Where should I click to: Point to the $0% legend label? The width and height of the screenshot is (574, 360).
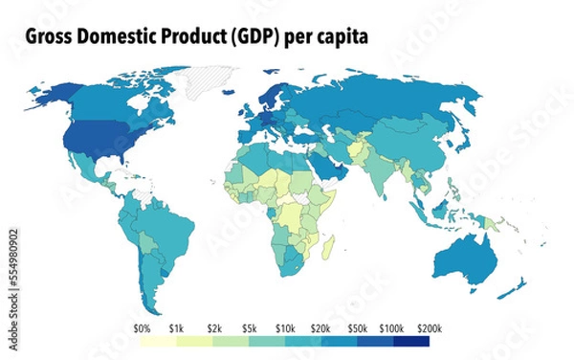coord(143,327)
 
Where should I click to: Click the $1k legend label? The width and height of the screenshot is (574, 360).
coord(177,327)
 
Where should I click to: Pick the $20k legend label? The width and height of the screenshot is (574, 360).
coord(320,327)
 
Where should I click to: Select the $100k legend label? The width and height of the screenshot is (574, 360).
coord(393,327)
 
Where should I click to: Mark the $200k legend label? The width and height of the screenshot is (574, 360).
coord(429,327)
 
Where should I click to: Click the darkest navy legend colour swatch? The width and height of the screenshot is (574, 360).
coord(411,341)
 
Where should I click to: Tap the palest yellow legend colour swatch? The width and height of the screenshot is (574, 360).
coord(160,341)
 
